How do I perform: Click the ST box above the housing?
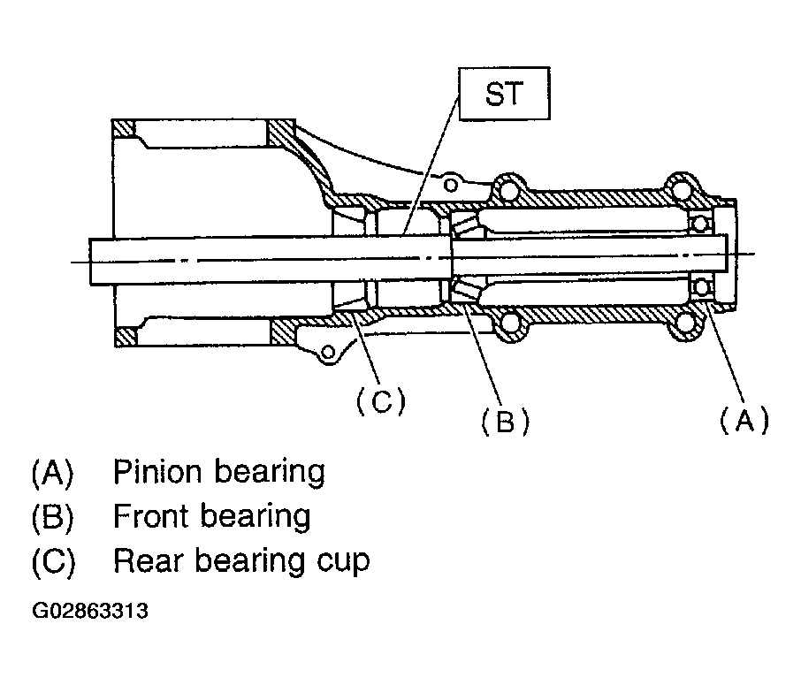[x=505, y=94]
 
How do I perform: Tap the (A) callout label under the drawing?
[x=744, y=420]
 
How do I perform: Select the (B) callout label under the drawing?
[x=505, y=422]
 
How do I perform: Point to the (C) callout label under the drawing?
[x=380, y=400]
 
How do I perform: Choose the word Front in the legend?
[x=151, y=516]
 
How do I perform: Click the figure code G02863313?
[x=90, y=611]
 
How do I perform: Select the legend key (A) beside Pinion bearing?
[x=53, y=472]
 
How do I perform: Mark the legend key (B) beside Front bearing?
[x=53, y=516]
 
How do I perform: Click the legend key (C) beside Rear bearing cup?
[x=53, y=561]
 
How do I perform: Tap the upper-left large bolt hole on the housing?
[x=507, y=189]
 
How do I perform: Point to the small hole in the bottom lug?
[x=329, y=352]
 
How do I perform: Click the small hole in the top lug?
[x=450, y=185]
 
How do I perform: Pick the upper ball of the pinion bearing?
[x=698, y=224]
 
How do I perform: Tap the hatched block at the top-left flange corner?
[x=124, y=129]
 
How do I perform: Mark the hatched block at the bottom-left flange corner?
[x=126, y=336]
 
